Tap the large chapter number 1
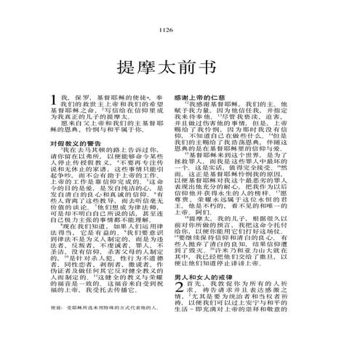coord(53,100)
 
